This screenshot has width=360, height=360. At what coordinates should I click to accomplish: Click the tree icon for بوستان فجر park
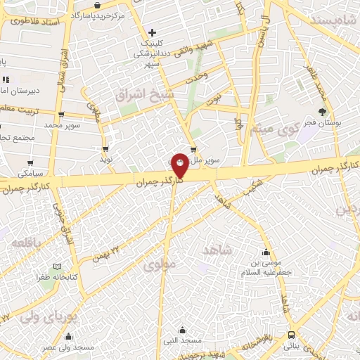click(x=323, y=111)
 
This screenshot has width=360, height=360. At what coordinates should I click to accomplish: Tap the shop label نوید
click(x=106, y=159)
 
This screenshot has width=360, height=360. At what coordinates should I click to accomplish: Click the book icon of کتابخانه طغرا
click(x=58, y=267)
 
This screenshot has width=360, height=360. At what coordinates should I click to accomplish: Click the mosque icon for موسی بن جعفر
click(x=266, y=253)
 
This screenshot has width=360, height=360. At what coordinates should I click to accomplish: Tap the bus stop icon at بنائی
click(x=291, y=335)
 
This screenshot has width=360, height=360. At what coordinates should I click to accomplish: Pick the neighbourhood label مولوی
click(x=157, y=266)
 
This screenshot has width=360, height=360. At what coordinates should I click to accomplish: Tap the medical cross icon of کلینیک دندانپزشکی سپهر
click(x=152, y=32)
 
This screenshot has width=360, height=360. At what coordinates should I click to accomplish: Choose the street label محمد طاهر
click(x=314, y=82)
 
